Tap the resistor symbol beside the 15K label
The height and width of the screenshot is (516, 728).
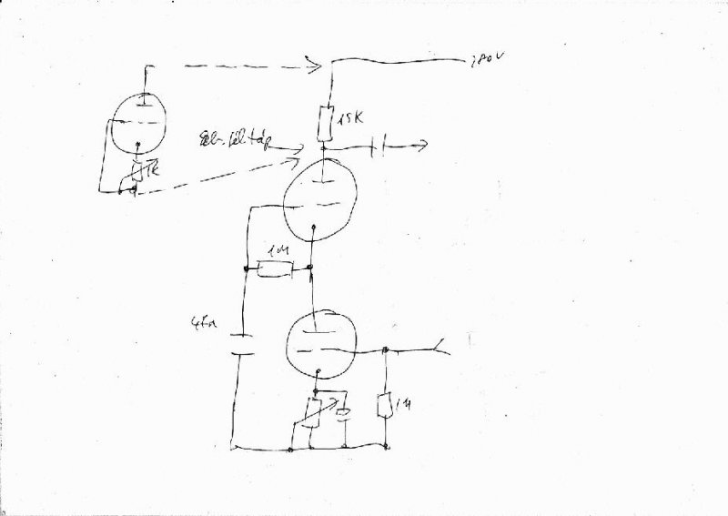coord(325,121)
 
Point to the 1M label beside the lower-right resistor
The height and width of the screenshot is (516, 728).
coord(406,402)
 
